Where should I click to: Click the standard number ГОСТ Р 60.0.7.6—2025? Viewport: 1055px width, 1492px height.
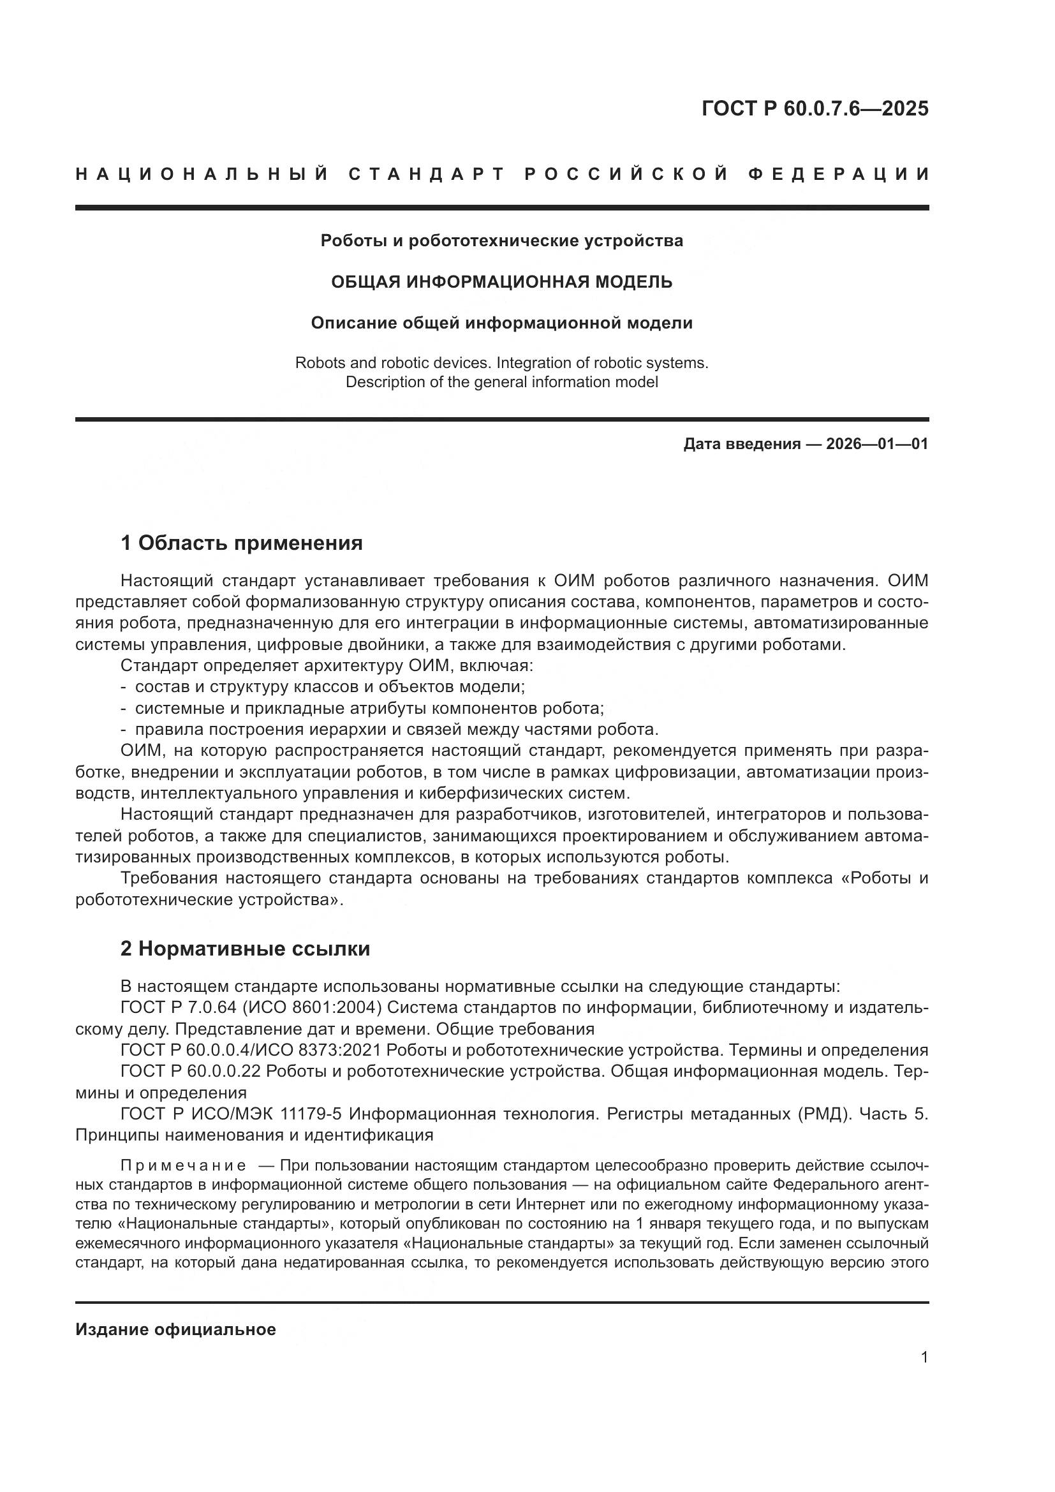coord(815,108)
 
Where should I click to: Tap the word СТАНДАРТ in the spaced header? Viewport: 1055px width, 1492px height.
coord(427,174)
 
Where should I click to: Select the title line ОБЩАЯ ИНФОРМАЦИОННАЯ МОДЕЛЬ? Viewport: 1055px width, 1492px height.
coord(501,282)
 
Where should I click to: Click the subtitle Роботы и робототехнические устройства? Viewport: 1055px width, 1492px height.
coord(501,241)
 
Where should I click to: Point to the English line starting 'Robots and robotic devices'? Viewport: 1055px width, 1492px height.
coord(501,362)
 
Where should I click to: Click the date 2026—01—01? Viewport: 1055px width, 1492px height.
coord(876,445)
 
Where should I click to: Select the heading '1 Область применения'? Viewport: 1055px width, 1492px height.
coord(241,543)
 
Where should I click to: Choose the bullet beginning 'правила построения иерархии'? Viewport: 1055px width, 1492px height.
coord(396,729)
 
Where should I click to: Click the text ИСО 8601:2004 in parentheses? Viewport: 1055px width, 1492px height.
coord(311,1008)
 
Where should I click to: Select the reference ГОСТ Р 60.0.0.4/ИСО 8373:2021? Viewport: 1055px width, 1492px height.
coord(253,1050)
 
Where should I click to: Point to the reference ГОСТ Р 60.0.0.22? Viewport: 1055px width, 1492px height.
coord(190,1071)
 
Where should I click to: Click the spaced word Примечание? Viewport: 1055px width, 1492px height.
coord(183,1165)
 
